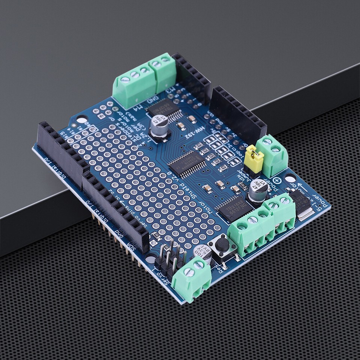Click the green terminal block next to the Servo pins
(191, 277)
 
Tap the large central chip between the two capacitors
(186, 163)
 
